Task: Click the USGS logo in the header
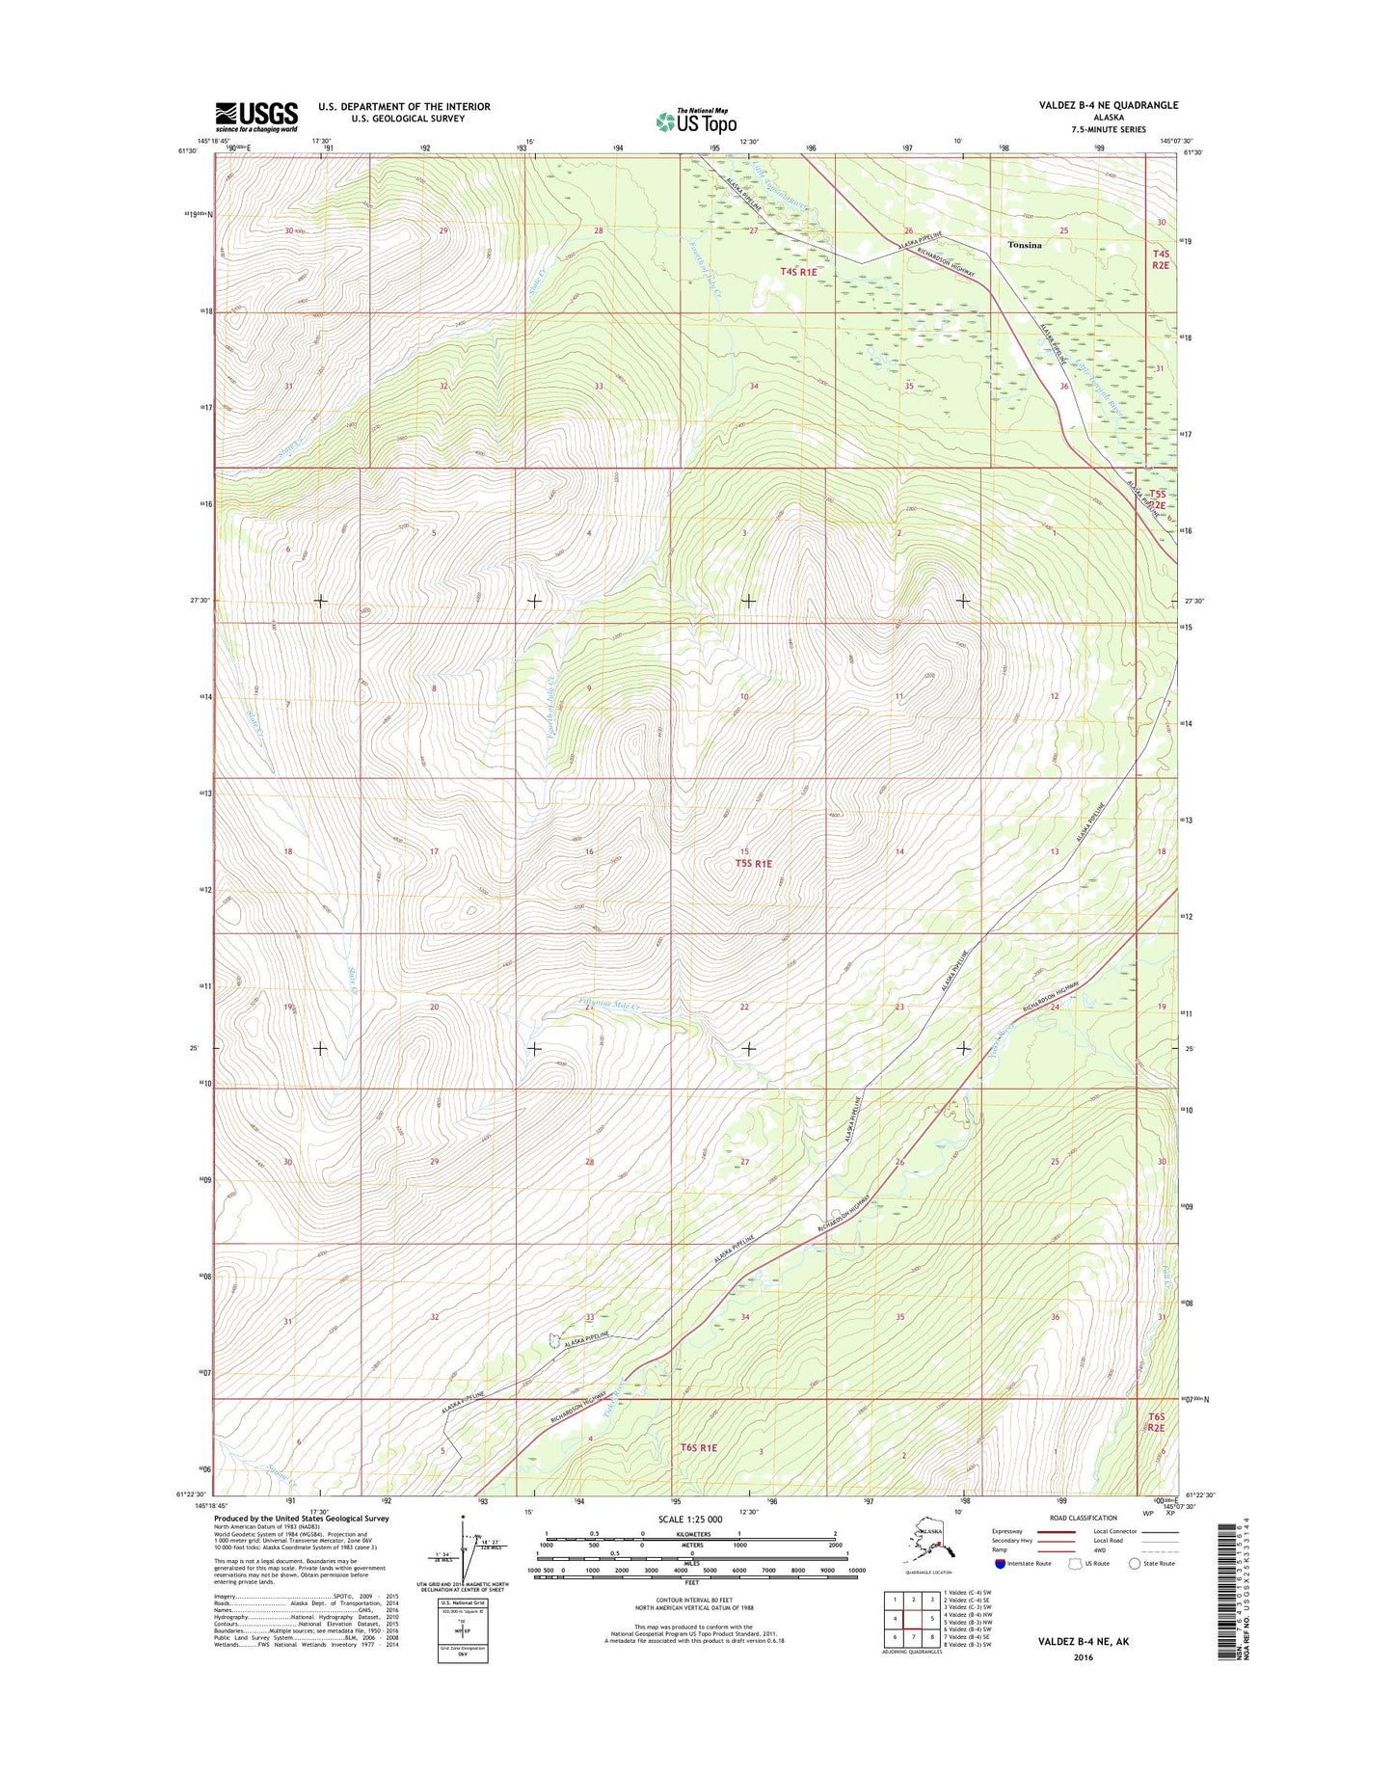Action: [255, 117]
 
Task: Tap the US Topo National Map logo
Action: [696, 121]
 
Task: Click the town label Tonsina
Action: [1024, 245]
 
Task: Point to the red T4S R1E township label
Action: [798, 272]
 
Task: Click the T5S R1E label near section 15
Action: [753, 864]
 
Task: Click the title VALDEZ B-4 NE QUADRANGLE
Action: [1108, 105]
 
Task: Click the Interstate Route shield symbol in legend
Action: [1000, 1563]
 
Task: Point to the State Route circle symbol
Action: [1135, 1563]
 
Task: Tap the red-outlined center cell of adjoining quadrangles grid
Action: [912, 1619]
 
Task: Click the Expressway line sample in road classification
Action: [1056, 1531]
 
